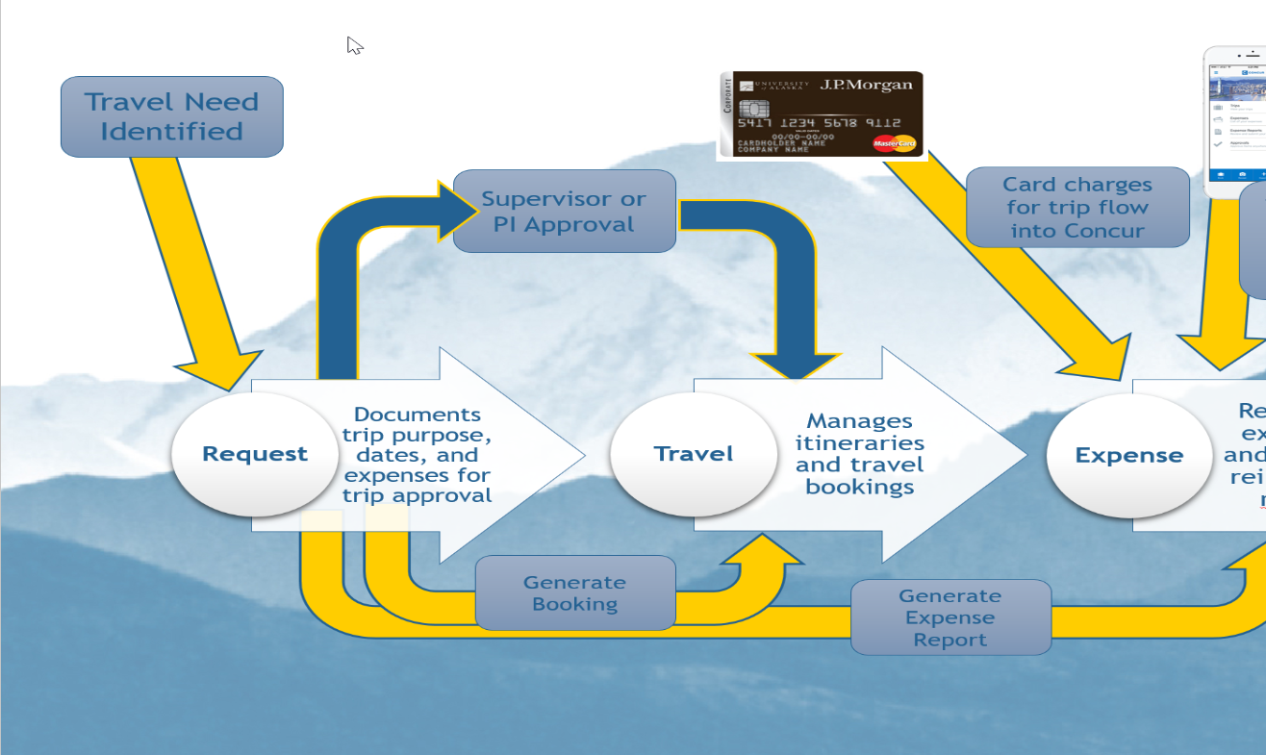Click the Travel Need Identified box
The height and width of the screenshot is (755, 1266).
[x=172, y=116]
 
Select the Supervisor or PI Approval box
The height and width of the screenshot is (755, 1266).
[x=564, y=212]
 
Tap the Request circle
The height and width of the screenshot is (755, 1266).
[x=254, y=454]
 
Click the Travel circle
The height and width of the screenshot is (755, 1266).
[x=694, y=454]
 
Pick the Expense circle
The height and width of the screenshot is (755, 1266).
[x=1128, y=455]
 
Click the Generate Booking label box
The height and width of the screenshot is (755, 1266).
[x=575, y=593]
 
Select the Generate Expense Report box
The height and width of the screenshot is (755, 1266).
[x=950, y=617]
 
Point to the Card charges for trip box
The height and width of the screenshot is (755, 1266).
[x=1076, y=207]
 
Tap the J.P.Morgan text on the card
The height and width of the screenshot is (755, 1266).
[x=866, y=85]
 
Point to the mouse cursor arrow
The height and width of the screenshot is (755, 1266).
[x=354, y=44]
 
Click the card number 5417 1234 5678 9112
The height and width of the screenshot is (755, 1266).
[x=819, y=123]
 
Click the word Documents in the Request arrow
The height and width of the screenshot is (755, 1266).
[x=417, y=415]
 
